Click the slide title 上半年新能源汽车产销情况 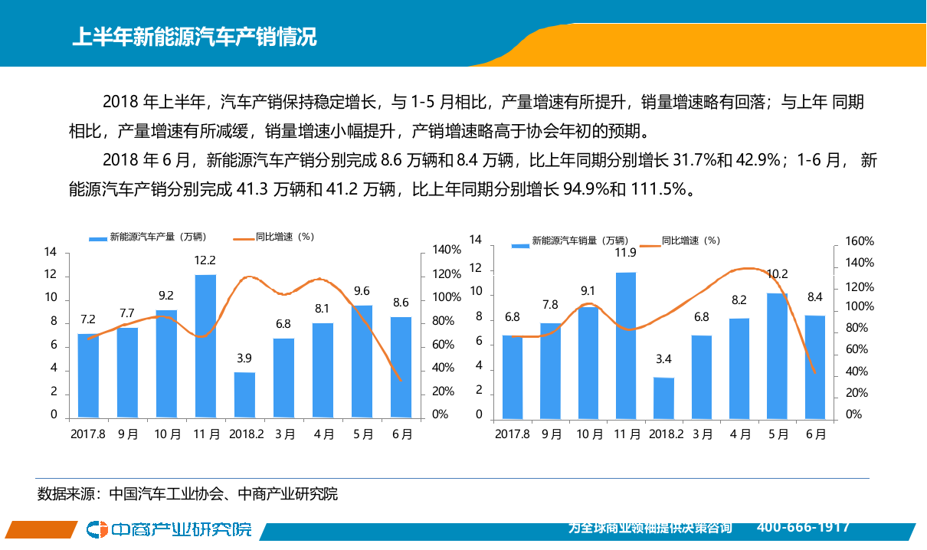tap(194, 37)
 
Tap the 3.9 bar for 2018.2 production tap(244, 394)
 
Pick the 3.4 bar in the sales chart tap(663, 398)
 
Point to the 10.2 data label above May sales tap(777, 273)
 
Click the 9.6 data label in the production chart tap(362, 291)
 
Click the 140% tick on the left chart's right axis tap(447, 250)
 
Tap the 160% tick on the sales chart tap(859, 241)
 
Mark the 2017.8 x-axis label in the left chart tap(87, 434)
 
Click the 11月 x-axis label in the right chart tap(627, 434)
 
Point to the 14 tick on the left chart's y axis tap(51, 252)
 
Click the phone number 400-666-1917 tap(803, 527)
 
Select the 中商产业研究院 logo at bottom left tap(169, 529)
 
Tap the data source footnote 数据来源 tap(188, 494)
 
